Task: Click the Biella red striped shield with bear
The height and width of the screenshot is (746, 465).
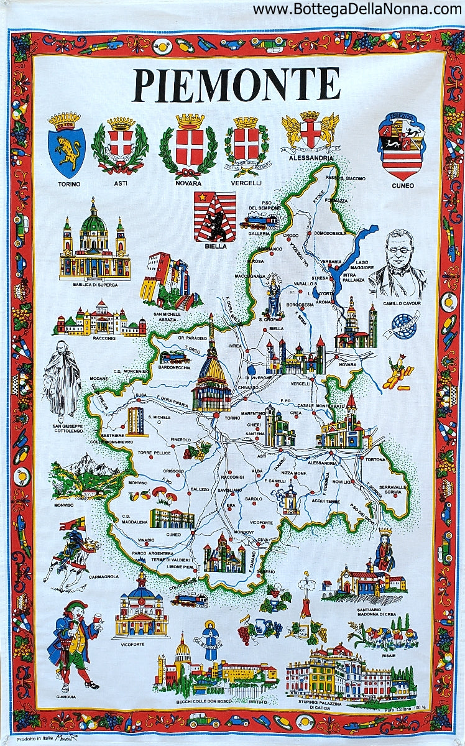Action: pos(214,216)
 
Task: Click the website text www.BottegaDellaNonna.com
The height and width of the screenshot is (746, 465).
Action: pos(357,9)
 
